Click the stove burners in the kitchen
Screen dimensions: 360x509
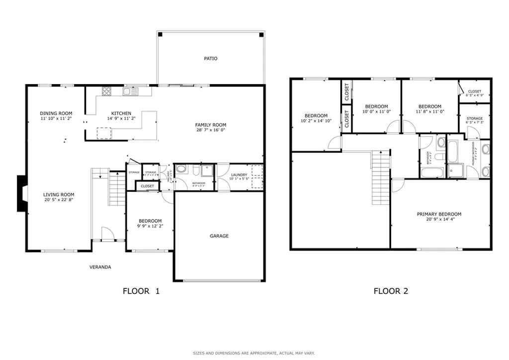(x=106, y=91)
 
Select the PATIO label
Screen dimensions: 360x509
(x=211, y=59)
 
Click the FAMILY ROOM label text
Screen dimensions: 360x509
(x=211, y=125)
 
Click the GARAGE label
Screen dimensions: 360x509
(x=219, y=236)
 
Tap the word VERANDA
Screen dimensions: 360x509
(x=100, y=267)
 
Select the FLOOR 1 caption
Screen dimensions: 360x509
(x=141, y=291)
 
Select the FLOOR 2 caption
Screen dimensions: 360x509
(x=391, y=291)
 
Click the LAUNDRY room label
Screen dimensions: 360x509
(x=239, y=175)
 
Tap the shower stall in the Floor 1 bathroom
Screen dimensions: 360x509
(x=206, y=171)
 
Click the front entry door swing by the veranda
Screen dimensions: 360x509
(x=106, y=233)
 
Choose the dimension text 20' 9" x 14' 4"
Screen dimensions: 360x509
(x=439, y=220)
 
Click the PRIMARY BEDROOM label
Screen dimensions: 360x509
(x=439, y=214)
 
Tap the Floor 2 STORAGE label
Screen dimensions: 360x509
(x=474, y=118)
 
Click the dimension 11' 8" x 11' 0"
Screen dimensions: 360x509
(x=429, y=112)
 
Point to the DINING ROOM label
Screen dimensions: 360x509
(x=56, y=113)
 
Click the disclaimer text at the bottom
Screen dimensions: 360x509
(x=254, y=354)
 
